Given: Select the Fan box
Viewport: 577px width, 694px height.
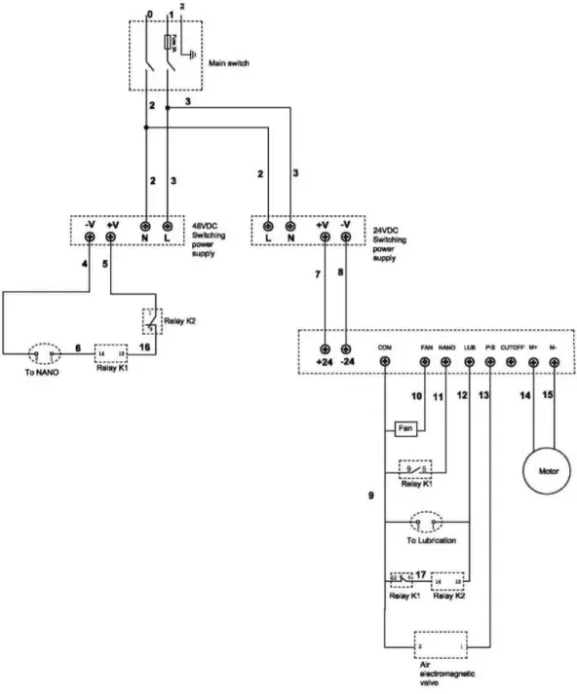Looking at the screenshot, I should (405, 428).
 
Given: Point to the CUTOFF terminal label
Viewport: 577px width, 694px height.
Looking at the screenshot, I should (513, 345).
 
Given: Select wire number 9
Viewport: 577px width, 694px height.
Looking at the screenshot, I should (370, 496).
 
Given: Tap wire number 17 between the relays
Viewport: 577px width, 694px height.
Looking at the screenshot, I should (421, 574).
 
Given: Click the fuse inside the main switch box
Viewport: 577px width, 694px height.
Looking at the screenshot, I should (172, 41).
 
